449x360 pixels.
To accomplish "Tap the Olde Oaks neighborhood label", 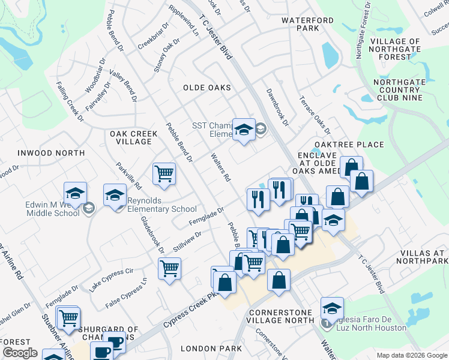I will (x=207, y=88).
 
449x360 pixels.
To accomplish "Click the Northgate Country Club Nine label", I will (x=407, y=89).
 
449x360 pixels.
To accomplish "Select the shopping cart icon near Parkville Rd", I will (x=164, y=174).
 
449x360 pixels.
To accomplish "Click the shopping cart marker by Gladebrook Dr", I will (x=170, y=268).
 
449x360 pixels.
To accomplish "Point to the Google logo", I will (x=20, y=353).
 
